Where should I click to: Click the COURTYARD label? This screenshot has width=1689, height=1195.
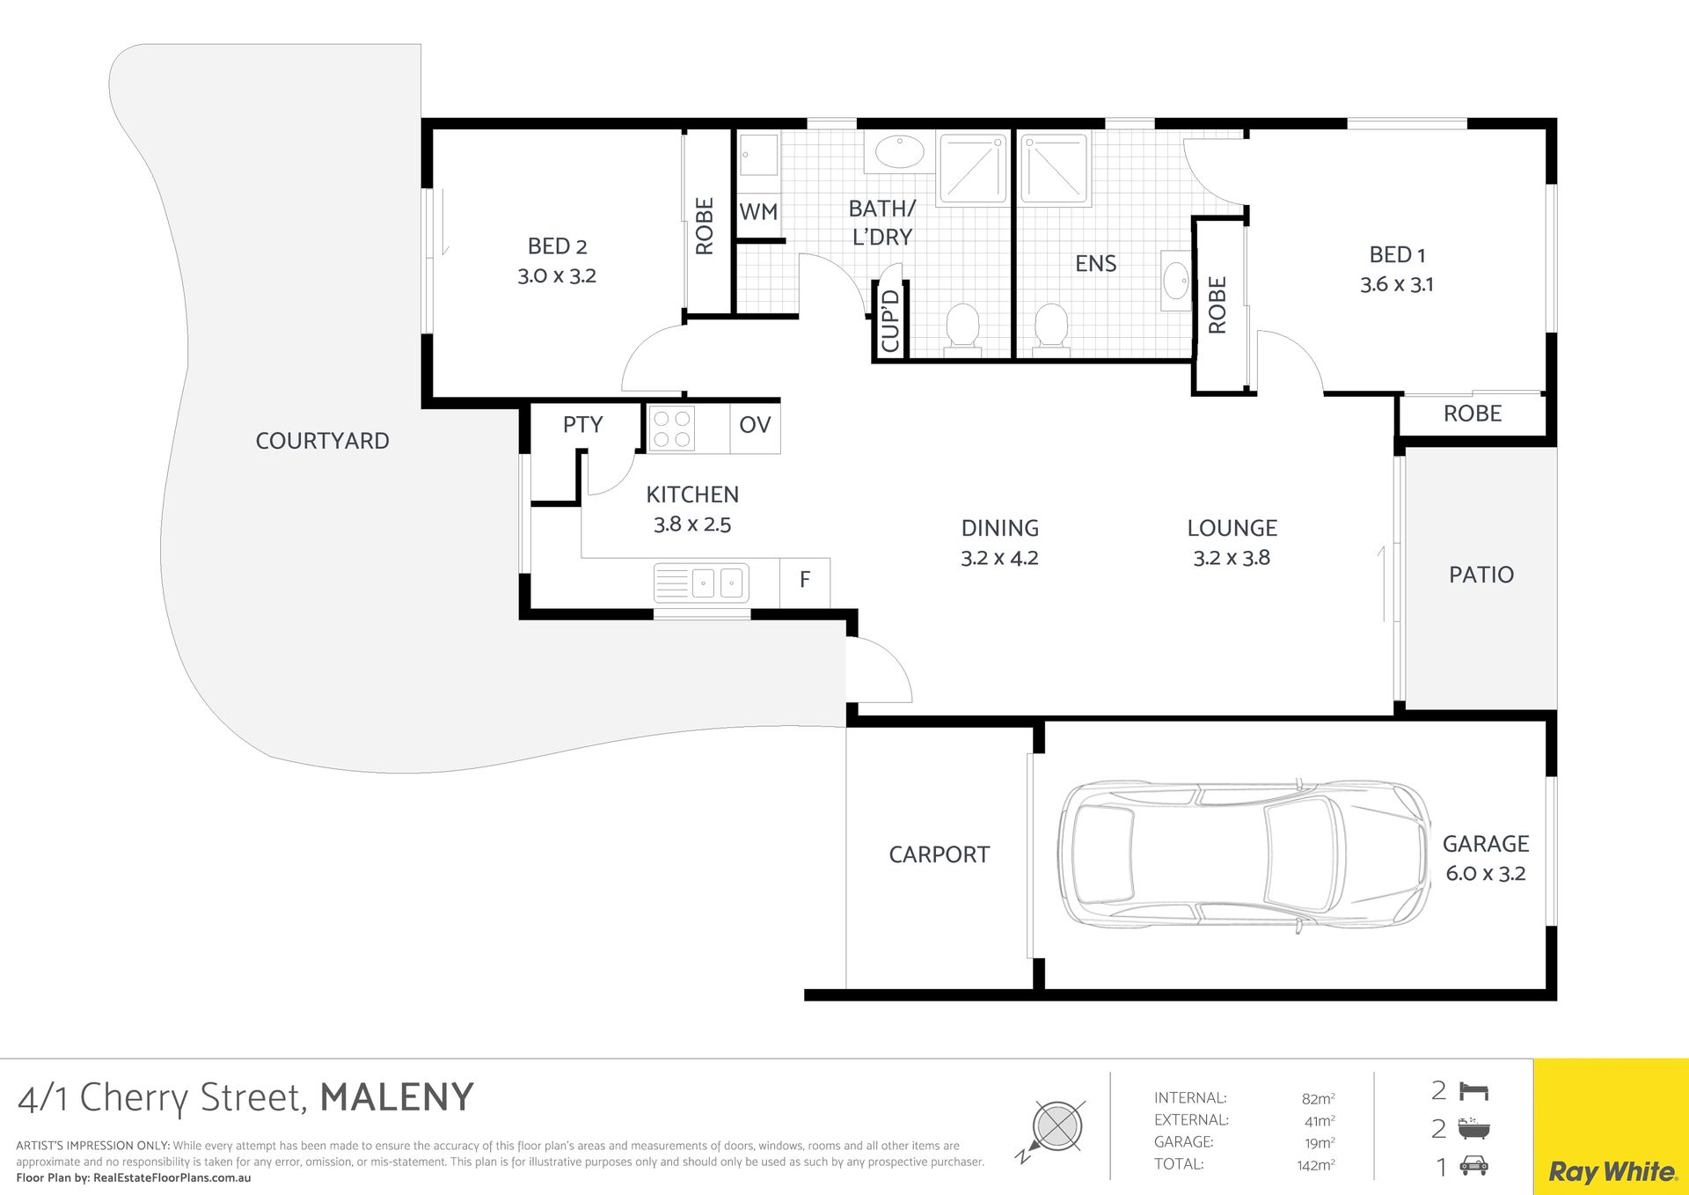[x=322, y=441]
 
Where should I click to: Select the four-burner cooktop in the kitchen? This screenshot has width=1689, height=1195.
[x=671, y=429]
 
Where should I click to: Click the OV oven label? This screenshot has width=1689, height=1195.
[x=755, y=425]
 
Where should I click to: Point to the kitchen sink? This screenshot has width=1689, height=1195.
[x=701, y=583]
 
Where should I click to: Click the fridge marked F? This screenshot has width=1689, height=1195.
[x=804, y=580]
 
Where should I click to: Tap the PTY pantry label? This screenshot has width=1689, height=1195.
[x=582, y=425]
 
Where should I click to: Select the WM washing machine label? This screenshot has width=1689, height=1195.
[x=758, y=212]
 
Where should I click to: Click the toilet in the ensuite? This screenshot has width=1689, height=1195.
[x=1051, y=330]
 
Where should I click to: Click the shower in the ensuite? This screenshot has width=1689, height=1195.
[x=1054, y=169]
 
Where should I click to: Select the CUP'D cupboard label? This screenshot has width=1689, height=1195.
[x=890, y=321]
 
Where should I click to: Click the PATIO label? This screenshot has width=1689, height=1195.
[x=1481, y=576]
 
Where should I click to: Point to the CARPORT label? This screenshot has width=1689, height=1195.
[x=939, y=854]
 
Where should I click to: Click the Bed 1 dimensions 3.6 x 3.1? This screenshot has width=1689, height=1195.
[x=1397, y=284]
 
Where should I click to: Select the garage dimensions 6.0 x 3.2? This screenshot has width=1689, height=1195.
[x=1486, y=874]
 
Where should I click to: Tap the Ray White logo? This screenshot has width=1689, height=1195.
[x=1612, y=1172]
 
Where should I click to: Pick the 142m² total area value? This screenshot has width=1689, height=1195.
[x=1316, y=1165]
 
